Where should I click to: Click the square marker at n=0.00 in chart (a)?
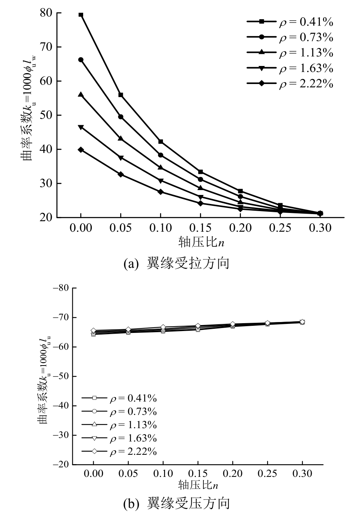[x=81, y=15]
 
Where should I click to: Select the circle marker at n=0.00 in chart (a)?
[x=81, y=60]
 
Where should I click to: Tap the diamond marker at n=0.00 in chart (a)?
[x=81, y=150]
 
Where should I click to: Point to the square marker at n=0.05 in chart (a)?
[x=121, y=95]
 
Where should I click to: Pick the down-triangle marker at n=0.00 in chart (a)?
[x=81, y=127]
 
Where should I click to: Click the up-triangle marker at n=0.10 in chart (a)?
[x=160, y=167]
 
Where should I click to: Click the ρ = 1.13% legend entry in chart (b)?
[x=119, y=425]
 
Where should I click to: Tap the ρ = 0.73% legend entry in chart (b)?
[x=119, y=412]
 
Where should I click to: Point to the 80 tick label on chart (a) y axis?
[x=46, y=13]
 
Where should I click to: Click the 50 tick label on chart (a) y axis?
[x=46, y=115]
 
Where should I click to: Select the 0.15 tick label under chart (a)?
[x=200, y=228]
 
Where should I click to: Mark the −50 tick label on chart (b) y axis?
[x=61, y=376]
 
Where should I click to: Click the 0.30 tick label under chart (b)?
[x=302, y=474]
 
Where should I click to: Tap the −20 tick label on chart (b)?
[x=61, y=465]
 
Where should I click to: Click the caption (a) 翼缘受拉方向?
[x=176, y=264]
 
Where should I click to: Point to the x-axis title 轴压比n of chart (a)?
[x=202, y=243]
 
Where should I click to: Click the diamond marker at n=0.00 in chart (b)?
[x=93, y=331]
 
